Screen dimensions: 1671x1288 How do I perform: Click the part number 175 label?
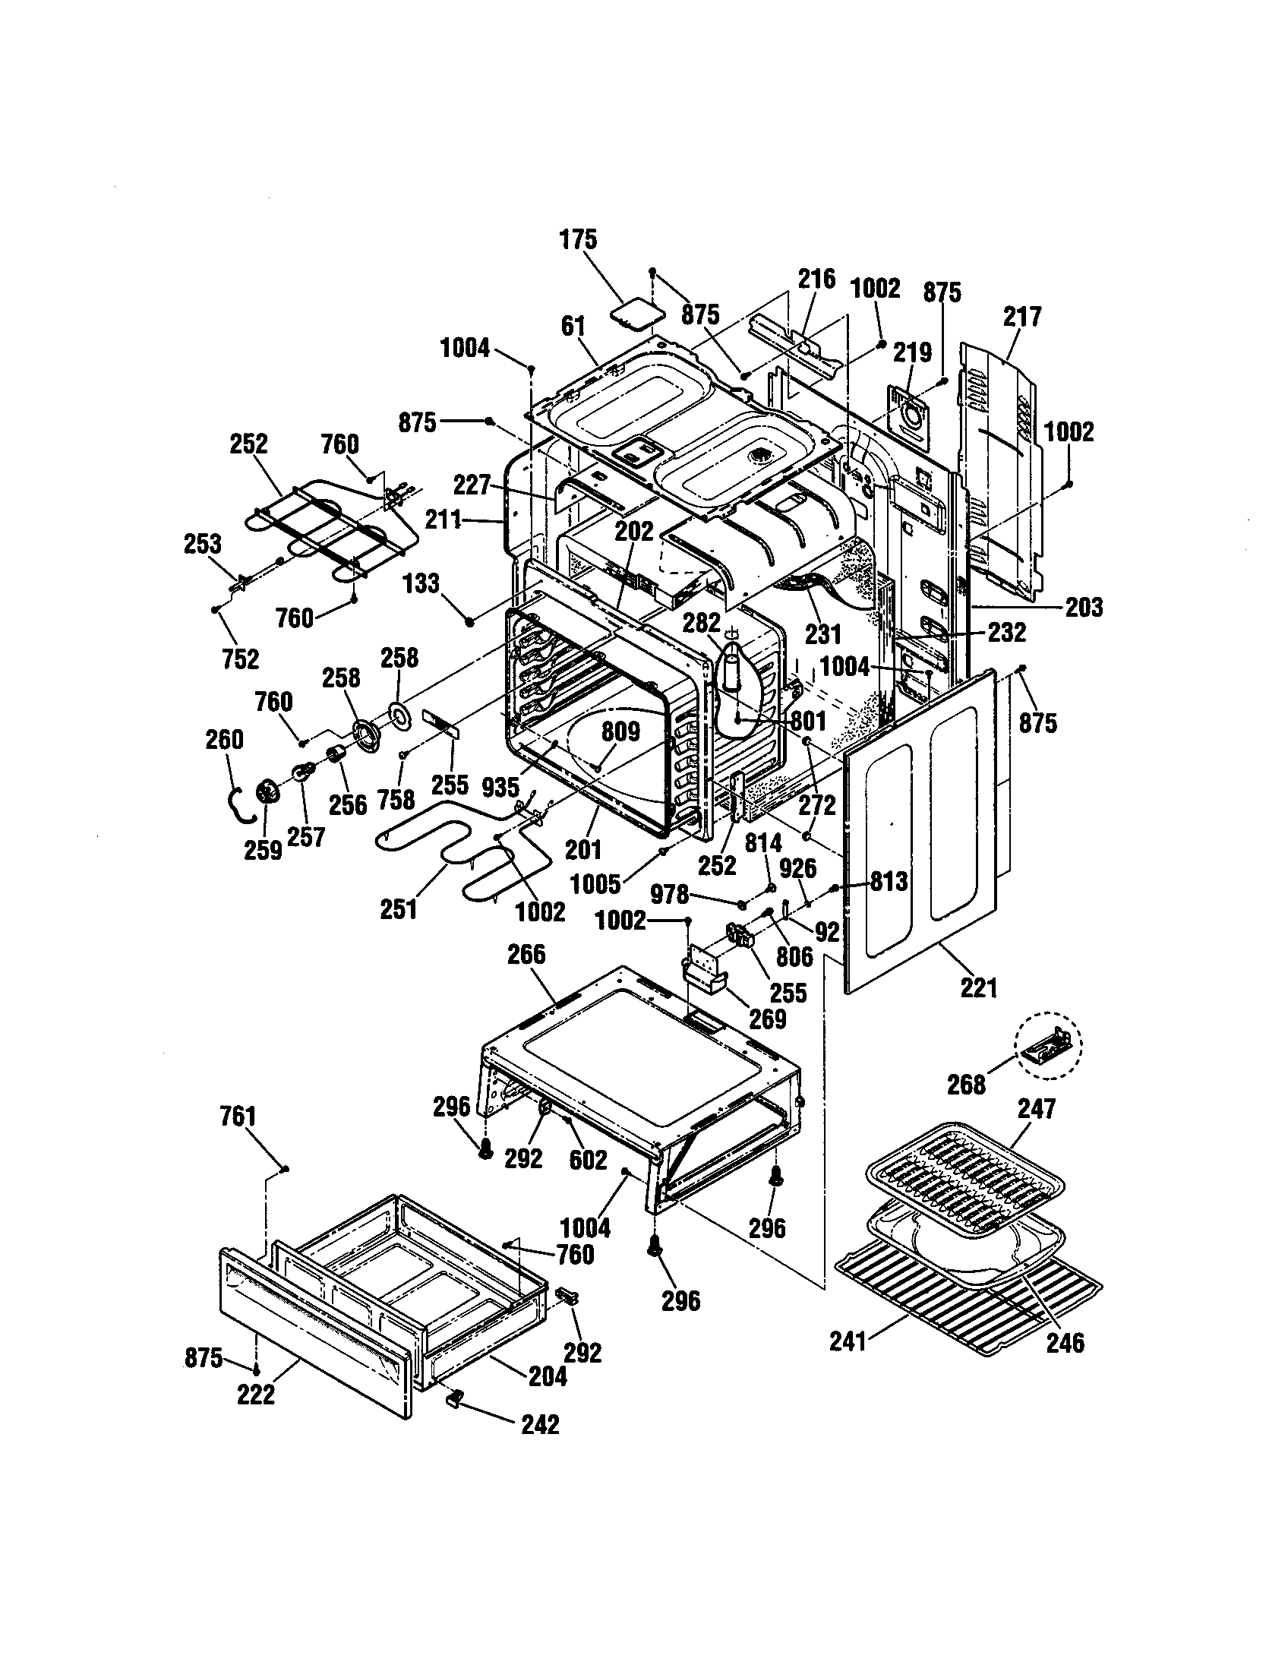578,239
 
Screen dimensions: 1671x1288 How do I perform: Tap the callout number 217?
1023,316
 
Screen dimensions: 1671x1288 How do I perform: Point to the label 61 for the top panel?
572,326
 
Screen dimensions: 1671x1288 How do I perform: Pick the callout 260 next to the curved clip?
225,739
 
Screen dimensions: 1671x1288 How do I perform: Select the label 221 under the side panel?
979,987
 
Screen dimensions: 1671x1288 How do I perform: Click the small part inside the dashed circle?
1047,1053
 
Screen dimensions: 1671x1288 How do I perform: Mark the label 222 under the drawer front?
255,1395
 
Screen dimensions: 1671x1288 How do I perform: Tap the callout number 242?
540,1424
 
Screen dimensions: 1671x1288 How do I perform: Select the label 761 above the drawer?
238,1117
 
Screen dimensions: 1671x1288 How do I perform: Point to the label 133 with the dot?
421,583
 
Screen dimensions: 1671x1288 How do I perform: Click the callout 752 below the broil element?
240,659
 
